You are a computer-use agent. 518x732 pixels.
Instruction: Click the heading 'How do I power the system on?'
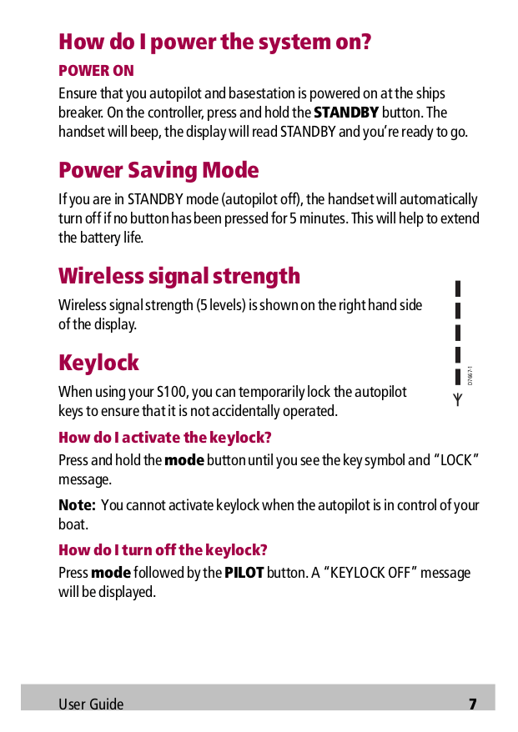[x=214, y=42]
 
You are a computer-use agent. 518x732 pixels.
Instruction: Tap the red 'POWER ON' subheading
[x=96, y=71]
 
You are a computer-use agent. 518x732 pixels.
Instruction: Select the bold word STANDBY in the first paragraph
[x=346, y=113]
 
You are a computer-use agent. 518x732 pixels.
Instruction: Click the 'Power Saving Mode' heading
[x=158, y=170]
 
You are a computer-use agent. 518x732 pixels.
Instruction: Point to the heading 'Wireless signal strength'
[x=179, y=275]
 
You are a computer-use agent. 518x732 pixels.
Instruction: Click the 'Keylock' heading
[x=98, y=363]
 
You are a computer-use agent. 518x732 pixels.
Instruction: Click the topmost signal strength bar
[x=458, y=288]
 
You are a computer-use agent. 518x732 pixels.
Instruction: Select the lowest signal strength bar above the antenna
[x=458, y=377]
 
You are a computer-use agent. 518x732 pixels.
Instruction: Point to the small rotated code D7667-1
[x=470, y=375]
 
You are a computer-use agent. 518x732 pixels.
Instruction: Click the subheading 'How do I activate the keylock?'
[x=165, y=438]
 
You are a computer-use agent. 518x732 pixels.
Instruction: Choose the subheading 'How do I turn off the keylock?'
[x=163, y=550]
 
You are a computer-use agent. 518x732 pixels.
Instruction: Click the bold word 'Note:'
[x=77, y=505]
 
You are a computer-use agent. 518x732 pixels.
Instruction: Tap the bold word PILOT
[x=244, y=573]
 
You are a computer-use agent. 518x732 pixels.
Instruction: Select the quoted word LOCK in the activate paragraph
[x=455, y=460]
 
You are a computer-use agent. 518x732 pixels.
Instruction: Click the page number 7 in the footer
[x=472, y=704]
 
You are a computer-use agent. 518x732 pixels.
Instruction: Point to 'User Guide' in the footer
[x=91, y=704]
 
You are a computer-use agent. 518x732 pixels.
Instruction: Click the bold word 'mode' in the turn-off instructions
[x=111, y=573]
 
